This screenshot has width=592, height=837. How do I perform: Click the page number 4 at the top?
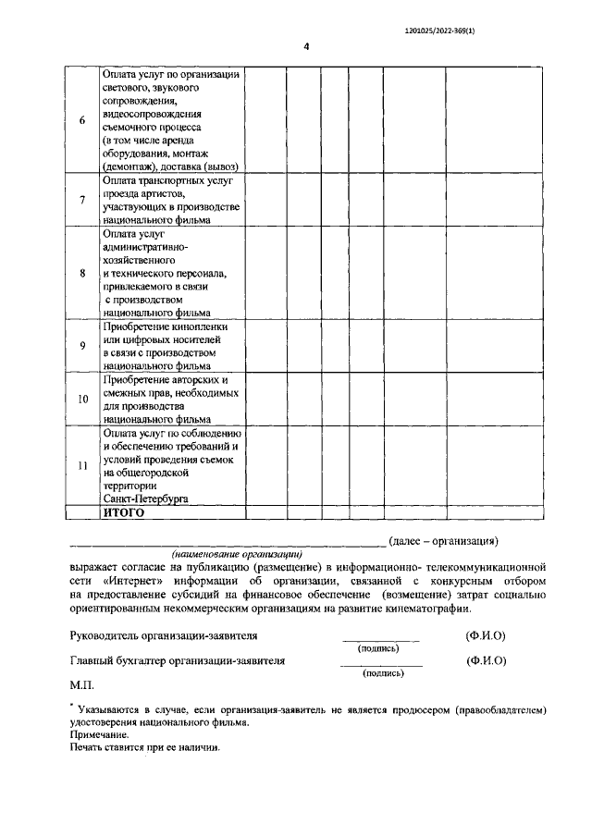point(305,48)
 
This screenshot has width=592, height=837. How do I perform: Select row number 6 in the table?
point(82,120)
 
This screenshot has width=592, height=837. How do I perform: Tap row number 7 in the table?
point(82,200)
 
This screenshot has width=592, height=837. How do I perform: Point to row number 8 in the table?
point(82,273)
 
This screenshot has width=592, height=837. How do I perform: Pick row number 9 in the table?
point(82,346)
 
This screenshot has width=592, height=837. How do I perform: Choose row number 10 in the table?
point(82,399)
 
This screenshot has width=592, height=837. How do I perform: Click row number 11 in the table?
point(82,465)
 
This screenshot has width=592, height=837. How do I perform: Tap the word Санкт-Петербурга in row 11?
point(145,498)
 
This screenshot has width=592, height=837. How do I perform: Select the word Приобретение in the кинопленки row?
point(140,327)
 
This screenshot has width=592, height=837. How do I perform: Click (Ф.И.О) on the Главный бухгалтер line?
point(487,661)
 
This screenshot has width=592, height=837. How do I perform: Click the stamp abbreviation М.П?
point(81,687)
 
